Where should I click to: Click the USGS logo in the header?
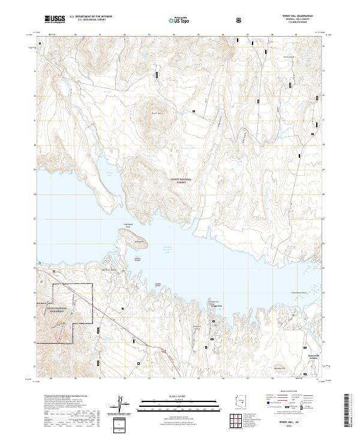click(x=55, y=19)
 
